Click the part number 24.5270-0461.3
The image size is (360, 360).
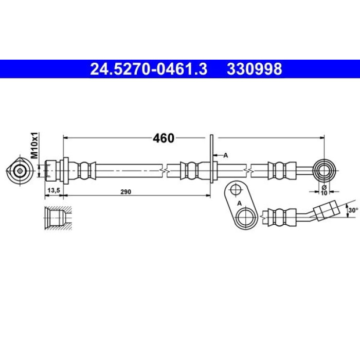(x=149, y=69)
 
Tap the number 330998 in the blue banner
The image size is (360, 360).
(x=255, y=69)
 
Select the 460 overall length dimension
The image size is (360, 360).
(x=164, y=138)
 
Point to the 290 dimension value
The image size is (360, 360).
(x=126, y=192)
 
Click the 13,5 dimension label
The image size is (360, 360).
(x=53, y=190)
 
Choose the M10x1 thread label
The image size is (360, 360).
(x=34, y=146)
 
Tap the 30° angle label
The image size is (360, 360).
(x=353, y=210)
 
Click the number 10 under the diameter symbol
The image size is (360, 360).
(x=324, y=193)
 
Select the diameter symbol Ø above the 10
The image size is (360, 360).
(x=324, y=187)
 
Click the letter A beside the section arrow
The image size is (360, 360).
(x=226, y=155)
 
